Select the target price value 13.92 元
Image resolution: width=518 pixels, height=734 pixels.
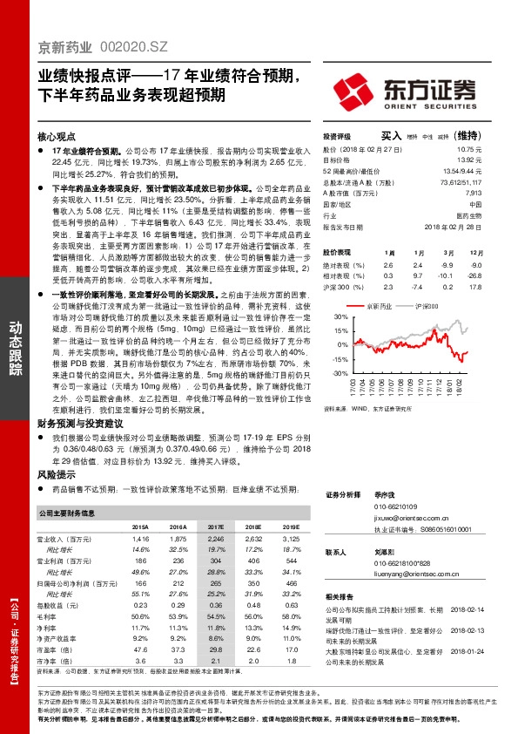click(470, 160)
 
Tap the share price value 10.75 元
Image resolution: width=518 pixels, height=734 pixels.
click(470, 149)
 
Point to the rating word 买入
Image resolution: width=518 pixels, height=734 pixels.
click(391, 136)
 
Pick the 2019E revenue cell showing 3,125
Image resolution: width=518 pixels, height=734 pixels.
click(291, 540)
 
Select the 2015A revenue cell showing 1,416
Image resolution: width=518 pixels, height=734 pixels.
click(140, 540)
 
